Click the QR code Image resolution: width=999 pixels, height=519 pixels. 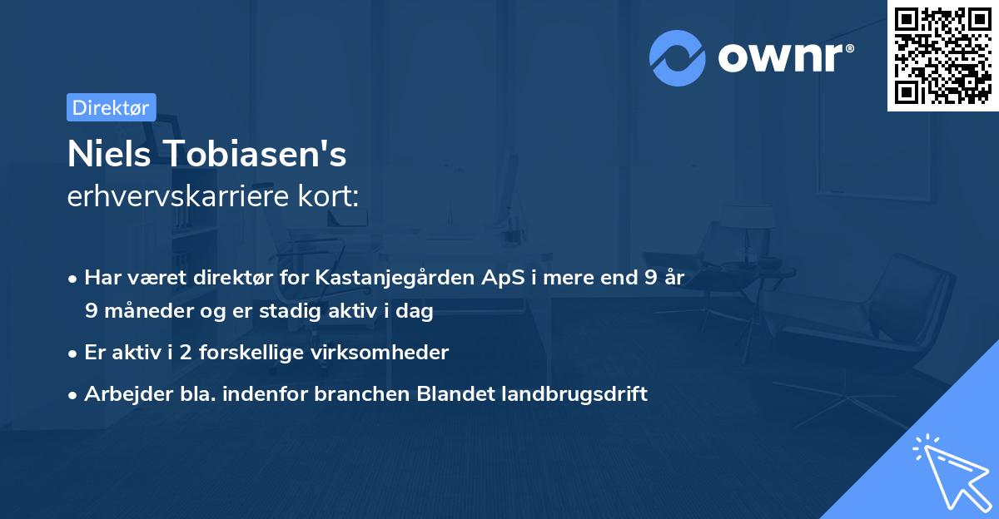coord(943,55)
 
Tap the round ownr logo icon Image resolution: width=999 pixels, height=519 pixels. coord(678,57)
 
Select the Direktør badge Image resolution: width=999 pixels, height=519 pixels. coord(111,107)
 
